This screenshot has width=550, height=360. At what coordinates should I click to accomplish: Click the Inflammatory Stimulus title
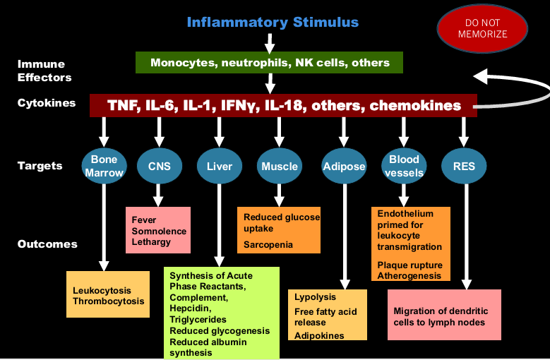pos(273,22)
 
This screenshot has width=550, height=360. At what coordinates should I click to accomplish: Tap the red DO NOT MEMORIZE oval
pos(483,28)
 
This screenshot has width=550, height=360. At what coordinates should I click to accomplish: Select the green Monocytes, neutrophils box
pos(269,63)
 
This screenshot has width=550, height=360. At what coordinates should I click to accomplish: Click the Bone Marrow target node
pos(104,166)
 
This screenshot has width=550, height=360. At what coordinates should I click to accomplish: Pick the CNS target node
pos(160,167)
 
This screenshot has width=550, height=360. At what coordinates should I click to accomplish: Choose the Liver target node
pos(220,167)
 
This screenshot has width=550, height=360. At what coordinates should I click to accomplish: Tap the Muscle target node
pos(280,167)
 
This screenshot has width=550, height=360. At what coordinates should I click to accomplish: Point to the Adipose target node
pos(344,167)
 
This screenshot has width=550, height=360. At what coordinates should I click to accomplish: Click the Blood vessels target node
pos(405,166)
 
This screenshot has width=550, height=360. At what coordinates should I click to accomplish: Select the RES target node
pos(464,167)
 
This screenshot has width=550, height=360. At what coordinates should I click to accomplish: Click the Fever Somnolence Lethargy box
pos(159,230)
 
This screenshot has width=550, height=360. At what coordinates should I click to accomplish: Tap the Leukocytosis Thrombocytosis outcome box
pos(108,295)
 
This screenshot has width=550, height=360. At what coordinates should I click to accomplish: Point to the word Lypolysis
pos(315,297)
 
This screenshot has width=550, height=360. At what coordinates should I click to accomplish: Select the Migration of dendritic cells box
pos(444,316)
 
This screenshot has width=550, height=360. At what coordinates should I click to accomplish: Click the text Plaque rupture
pos(409,265)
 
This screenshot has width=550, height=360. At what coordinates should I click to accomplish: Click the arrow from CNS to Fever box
pos(160,195)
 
